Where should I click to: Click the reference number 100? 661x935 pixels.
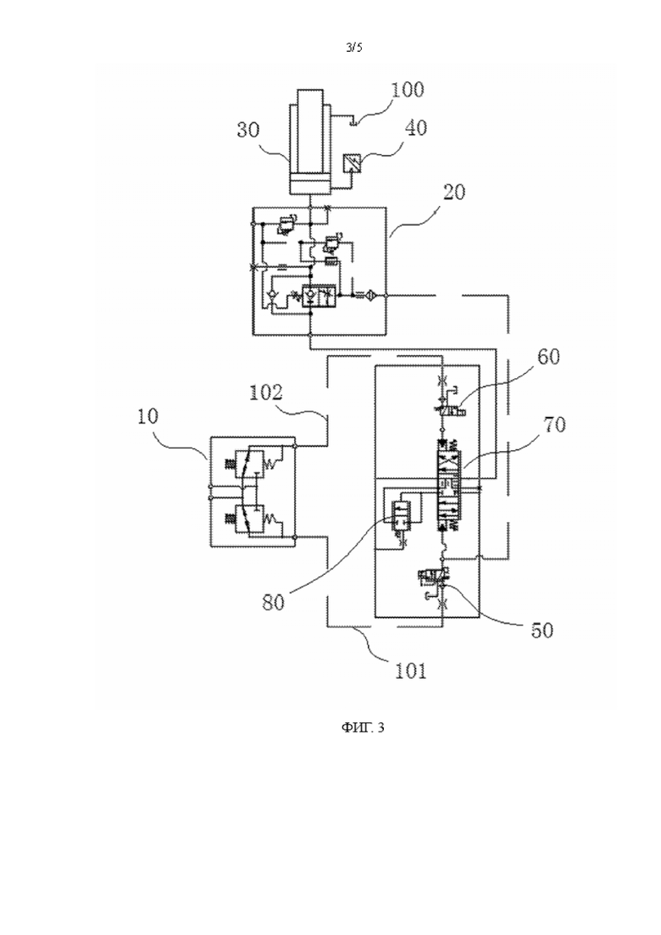click(408, 90)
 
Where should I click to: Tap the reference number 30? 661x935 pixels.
click(248, 129)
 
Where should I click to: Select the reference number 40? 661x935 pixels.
click(416, 128)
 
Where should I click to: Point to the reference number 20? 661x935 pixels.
click(454, 192)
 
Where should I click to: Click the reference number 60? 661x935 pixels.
click(548, 357)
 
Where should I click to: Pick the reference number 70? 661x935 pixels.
click(554, 425)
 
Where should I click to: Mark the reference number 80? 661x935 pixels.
click(274, 602)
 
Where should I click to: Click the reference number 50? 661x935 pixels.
click(542, 631)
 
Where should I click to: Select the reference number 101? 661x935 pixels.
click(411, 671)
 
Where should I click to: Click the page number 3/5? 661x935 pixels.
click(354, 48)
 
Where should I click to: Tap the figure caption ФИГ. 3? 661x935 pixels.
click(363, 727)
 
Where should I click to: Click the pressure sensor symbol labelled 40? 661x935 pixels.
click(352, 162)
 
